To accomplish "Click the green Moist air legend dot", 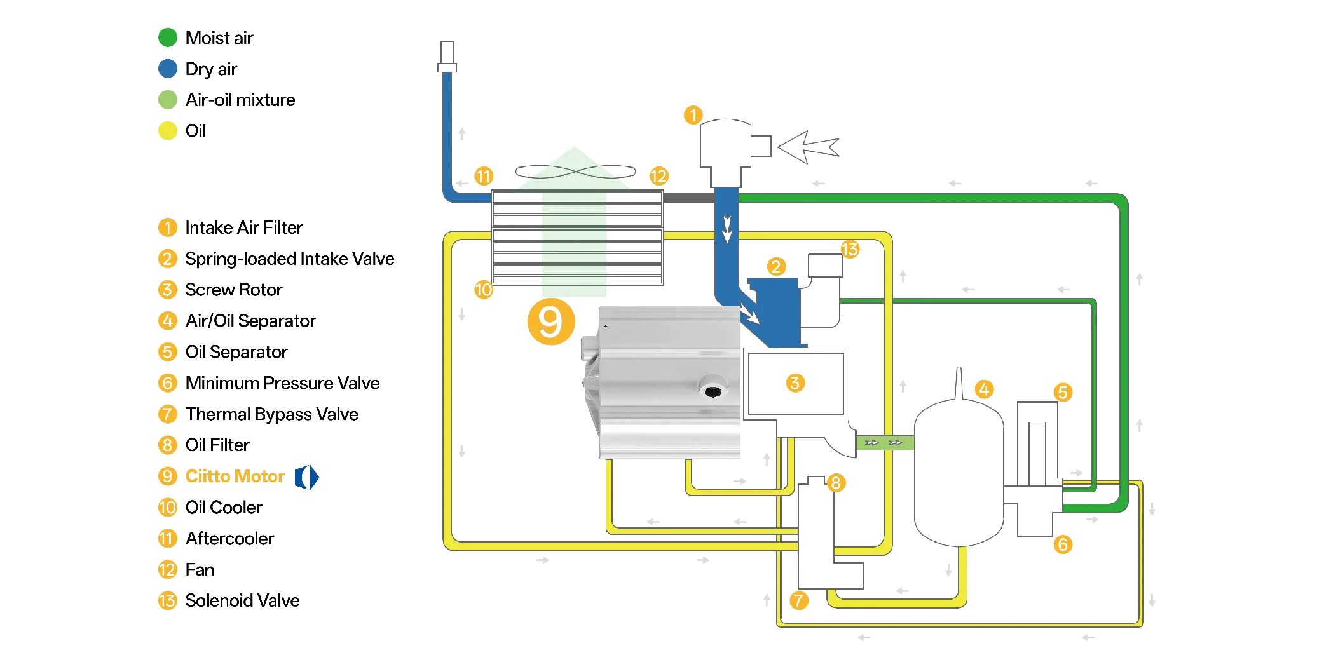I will [x=168, y=37].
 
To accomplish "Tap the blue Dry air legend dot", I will [x=168, y=69].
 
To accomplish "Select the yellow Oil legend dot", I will [x=168, y=131].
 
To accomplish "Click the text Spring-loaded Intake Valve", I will [x=289, y=259].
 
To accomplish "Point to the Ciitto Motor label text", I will [x=235, y=476].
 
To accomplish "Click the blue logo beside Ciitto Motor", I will [x=306, y=477].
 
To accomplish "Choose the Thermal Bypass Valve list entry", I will [x=271, y=414].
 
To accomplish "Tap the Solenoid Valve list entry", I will [x=242, y=600].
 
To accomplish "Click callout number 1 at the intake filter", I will [x=693, y=115].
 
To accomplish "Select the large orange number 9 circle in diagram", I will [x=551, y=321].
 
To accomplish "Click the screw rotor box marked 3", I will [x=796, y=384].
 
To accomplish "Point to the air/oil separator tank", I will [x=959, y=473].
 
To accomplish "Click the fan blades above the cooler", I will [x=575, y=172].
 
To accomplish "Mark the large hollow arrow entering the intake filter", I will [x=808, y=147].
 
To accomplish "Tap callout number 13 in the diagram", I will [x=850, y=249].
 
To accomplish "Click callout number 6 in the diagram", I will [x=1063, y=544].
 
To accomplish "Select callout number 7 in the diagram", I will [x=798, y=600].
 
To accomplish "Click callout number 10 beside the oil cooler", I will [x=484, y=290].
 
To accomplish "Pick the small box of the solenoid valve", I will [x=825, y=266].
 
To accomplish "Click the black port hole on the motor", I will [x=713, y=391].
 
